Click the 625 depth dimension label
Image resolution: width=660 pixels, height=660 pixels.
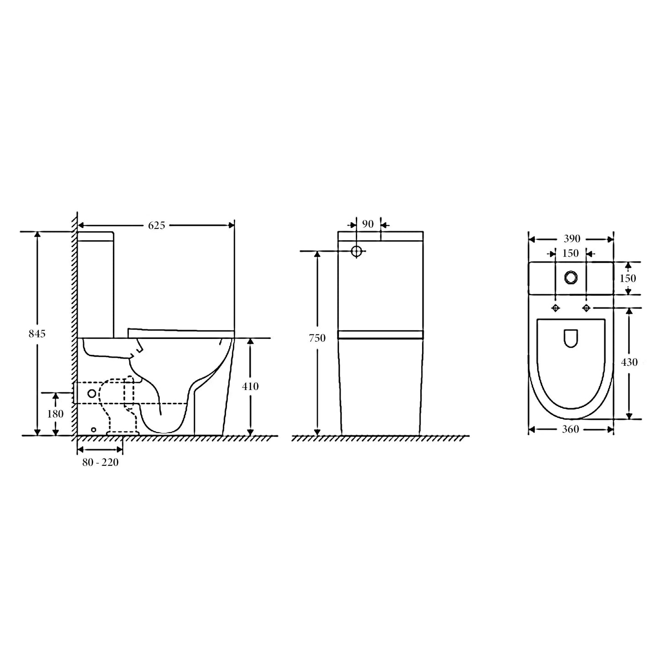click(157, 225)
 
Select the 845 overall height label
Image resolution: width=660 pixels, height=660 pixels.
click(37, 333)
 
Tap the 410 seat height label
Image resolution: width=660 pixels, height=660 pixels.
click(250, 386)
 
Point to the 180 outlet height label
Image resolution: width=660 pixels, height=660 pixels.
click(55, 414)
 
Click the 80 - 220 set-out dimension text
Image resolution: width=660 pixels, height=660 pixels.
click(100, 462)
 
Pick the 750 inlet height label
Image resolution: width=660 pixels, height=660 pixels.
click(317, 338)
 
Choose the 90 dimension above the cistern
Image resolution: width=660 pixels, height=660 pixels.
click(368, 224)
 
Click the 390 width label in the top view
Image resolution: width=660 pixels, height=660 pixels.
click(572, 239)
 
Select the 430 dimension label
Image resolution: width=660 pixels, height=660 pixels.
click(629, 362)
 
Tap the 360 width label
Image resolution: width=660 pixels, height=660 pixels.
click(570, 429)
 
